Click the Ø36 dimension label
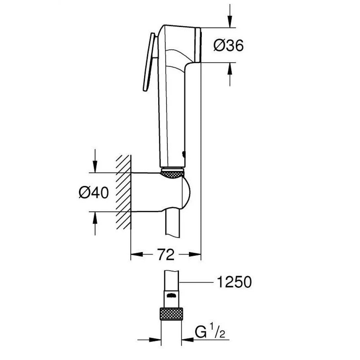point(228,46)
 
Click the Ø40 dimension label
point(93,192)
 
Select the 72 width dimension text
point(165,255)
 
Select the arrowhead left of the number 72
point(137,255)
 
